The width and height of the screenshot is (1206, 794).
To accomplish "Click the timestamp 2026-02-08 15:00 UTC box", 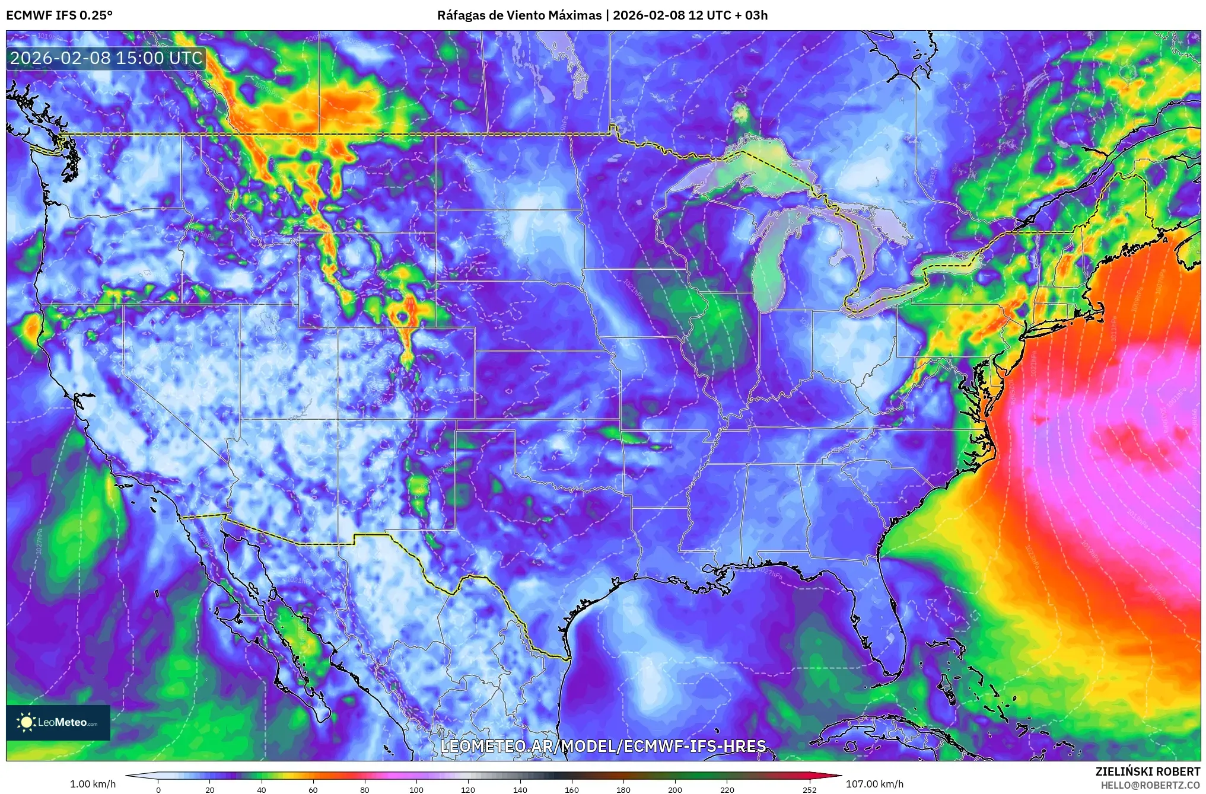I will point(106,58).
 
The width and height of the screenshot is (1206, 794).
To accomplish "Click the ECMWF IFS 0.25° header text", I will point(59,15).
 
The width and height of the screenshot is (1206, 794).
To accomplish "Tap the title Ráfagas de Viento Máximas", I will point(519,15).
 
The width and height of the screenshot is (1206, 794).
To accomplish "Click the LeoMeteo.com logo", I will point(58,722).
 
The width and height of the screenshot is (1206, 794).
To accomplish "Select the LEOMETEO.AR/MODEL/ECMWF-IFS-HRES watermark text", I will point(603,746).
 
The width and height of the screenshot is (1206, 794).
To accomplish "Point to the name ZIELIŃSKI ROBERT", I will point(1147,771).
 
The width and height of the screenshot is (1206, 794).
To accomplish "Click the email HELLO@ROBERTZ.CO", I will point(1150,785).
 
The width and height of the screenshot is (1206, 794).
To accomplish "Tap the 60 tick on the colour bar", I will point(313,789).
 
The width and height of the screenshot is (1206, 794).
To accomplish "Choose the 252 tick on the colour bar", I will point(809,789).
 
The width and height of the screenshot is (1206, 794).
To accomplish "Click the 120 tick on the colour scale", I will point(468,789).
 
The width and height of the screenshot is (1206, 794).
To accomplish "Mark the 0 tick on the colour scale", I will point(158,789).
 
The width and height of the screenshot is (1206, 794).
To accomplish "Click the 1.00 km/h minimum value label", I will point(93,784).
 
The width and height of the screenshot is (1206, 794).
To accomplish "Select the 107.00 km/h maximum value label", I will point(874,784).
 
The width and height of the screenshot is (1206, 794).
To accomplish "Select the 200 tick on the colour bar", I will point(675,789).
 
